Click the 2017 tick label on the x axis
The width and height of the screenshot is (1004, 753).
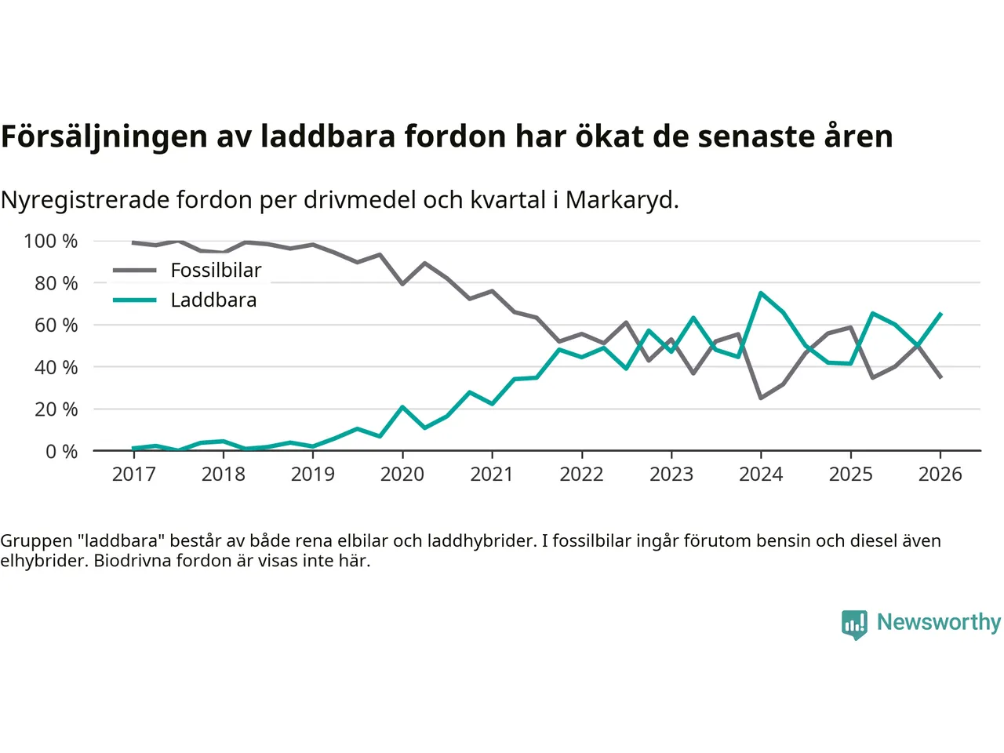tap(134, 474)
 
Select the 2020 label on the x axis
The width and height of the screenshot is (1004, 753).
tap(402, 474)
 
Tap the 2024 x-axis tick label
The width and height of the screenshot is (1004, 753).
tap(761, 474)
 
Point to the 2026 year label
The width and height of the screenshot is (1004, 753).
tap(940, 474)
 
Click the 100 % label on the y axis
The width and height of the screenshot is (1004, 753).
tap(51, 241)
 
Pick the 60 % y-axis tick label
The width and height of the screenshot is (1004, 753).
tap(56, 325)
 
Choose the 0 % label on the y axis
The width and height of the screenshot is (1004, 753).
tap(61, 451)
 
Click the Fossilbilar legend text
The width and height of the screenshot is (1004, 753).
tap(216, 271)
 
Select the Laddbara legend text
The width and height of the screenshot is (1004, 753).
tap(213, 300)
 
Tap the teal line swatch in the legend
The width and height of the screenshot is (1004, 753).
tap(134, 300)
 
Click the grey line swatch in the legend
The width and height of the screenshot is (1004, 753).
tap(134, 271)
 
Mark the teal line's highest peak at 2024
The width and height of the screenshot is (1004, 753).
tap(761, 293)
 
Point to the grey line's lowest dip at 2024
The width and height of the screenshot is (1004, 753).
tap(761, 398)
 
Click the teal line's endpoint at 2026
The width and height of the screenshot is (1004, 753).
tap(940, 314)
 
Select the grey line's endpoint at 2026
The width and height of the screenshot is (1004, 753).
tap(940, 377)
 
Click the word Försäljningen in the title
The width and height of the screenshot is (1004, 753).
tap(104, 136)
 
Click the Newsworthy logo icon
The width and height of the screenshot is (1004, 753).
tap(854, 624)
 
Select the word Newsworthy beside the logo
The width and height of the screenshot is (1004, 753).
tap(938, 622)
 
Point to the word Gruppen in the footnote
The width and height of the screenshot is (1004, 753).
tap(36, 540)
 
